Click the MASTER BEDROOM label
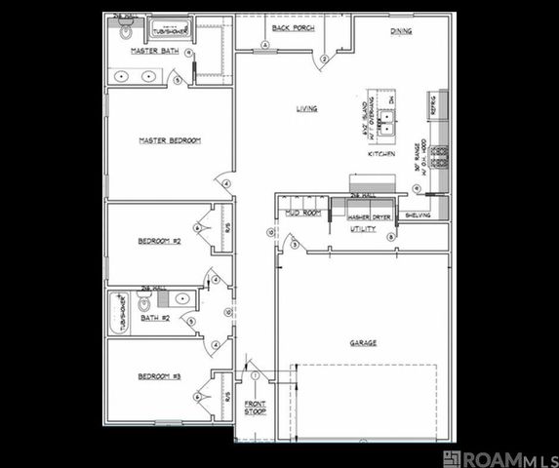[169, 140]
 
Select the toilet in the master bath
[124, 31]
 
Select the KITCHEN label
[380, 154]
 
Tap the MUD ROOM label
[302, 213]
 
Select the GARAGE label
[364, 342]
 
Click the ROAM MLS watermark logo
[499, 458]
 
